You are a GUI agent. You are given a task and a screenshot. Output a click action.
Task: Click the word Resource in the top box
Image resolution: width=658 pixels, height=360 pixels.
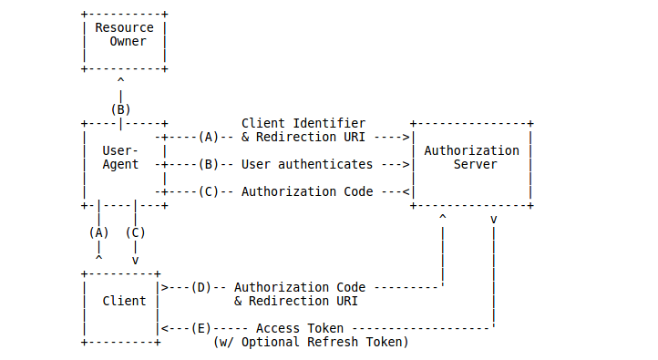tap(124, 27)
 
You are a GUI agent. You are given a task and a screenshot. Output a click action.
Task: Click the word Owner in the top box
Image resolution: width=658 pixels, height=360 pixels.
tap(128, 41)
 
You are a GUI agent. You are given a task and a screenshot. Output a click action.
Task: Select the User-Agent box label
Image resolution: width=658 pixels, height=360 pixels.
tap(120, 158)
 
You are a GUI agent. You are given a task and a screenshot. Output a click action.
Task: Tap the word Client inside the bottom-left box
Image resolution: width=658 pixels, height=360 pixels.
tap(124, 301)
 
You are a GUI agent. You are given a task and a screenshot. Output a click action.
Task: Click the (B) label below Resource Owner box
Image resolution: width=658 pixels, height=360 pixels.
tap(120, 109)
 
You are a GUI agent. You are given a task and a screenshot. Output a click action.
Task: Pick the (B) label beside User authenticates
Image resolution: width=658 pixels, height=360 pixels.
tap(208, 165)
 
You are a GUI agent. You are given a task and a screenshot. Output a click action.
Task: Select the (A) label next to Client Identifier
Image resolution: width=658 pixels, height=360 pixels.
tap(208, 137)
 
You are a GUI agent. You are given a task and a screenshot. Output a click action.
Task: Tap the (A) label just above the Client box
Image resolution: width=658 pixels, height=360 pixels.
tap(98, 232)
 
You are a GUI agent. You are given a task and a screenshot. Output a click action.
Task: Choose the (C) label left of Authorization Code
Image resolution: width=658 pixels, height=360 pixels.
tap(208, 192)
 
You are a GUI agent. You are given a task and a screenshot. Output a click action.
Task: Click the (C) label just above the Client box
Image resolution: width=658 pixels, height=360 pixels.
tap(135, 232)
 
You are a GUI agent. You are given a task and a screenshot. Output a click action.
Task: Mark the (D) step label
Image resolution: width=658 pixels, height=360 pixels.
tap(200, 287)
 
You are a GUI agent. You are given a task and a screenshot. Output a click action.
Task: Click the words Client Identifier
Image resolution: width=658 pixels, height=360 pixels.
tap(303, 123)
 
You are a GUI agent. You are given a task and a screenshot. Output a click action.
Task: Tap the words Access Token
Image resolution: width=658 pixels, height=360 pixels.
tap(300, 328)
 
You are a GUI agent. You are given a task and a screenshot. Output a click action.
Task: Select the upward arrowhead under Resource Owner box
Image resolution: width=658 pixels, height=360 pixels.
tap(120, 81)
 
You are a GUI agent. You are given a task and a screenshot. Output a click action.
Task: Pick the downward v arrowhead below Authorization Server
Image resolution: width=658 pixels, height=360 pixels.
tap(493, 220)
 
